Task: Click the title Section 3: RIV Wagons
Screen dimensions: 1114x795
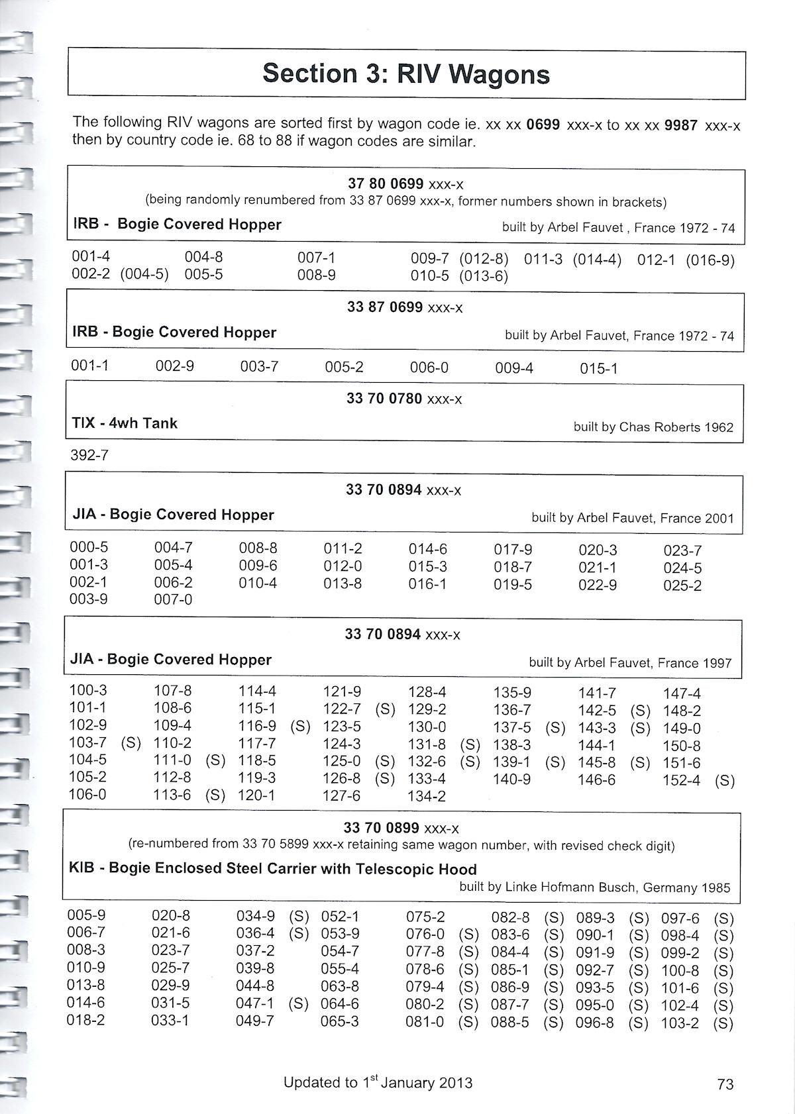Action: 405,74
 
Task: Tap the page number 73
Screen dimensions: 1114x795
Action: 725,1084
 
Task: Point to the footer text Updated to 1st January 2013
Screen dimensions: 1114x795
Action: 378,1083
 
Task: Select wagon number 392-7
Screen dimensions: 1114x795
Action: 89,456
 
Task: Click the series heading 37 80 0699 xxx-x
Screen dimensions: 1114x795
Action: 405,184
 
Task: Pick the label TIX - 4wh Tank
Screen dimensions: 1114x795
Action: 125,423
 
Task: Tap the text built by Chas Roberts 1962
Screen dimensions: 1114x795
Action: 653,427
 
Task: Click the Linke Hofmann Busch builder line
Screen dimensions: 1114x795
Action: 594,887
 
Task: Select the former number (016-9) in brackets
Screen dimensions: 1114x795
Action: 710,260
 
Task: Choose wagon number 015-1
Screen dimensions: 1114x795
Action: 598,368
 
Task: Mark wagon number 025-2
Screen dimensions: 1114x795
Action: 682,585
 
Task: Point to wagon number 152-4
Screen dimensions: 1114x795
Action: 681,781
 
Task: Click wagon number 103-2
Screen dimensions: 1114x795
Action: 680,1023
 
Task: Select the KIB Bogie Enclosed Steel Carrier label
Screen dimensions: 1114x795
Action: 272,869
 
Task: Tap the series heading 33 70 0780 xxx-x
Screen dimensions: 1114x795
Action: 404,399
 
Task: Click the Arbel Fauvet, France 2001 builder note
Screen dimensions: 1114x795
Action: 633,518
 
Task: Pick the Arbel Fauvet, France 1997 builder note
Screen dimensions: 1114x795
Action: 630,663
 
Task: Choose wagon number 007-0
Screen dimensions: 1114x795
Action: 173,599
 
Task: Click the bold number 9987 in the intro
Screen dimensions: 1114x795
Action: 680,125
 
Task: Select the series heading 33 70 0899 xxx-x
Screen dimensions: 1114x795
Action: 401,828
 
